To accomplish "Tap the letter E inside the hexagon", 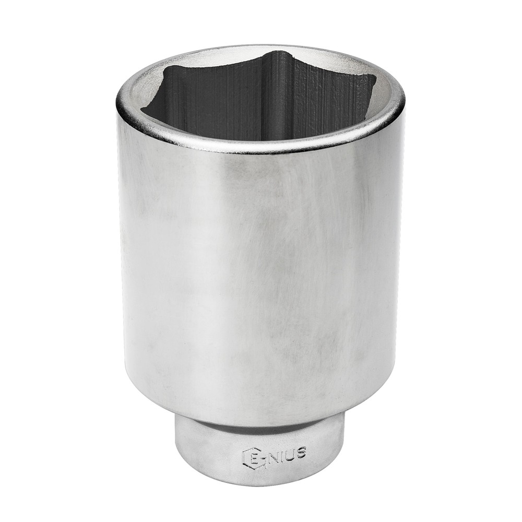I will click(252, 457).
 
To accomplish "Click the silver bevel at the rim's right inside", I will click(386, 104).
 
